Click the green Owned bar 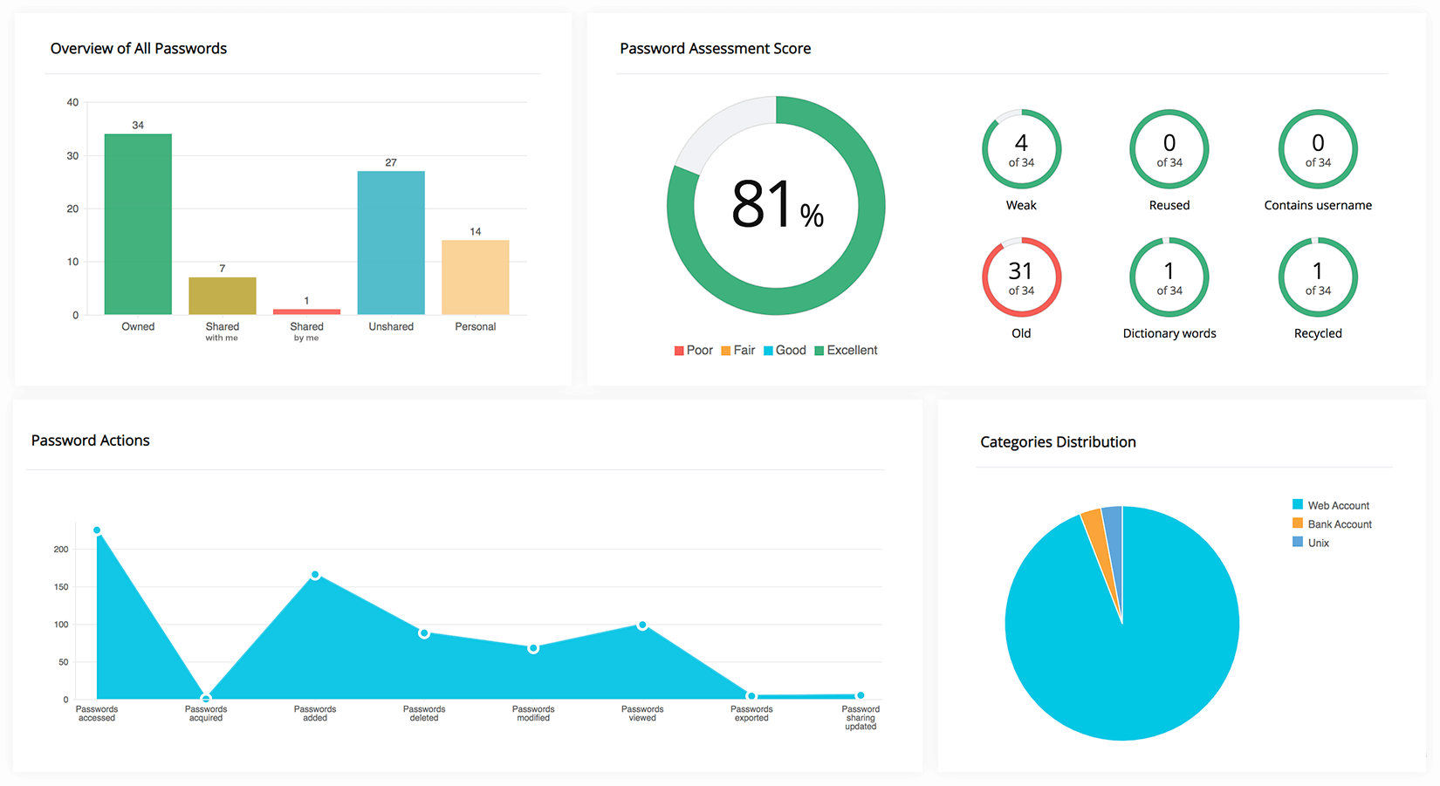[138, 224]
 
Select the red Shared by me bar [306, 311]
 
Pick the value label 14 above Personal [476, 232]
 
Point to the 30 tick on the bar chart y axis [72, 156]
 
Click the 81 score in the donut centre [762, 206]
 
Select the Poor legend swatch [679, 351]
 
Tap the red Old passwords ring [1021, 277]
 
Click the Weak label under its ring [1021, 206]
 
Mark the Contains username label [1318, 206]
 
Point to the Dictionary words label [1169, 334]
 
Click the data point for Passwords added [315, 575]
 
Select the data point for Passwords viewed [642, 625]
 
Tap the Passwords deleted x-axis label [424, 714]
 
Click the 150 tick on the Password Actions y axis [61, 587]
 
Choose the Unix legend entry [1318, 543]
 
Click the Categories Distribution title [1058, 442]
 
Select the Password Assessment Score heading [715, 49]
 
